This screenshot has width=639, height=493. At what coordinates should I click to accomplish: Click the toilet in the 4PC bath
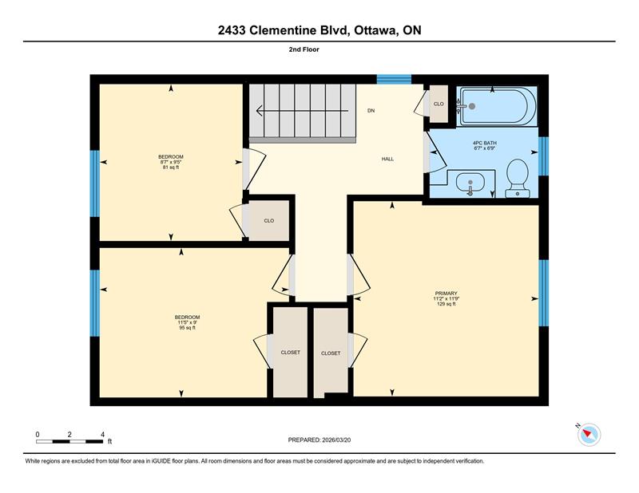coord(517,178)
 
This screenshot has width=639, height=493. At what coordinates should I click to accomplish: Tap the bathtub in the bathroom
coord(496,106)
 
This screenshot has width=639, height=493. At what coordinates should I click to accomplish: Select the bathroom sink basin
coord(470,182)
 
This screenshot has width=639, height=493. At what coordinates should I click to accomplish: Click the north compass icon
coord(589,434)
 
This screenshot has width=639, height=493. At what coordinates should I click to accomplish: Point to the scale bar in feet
coord(69,441)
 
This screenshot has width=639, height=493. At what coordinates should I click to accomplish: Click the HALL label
coord(387,160)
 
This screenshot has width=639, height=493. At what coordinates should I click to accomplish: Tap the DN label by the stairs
coord(371,110)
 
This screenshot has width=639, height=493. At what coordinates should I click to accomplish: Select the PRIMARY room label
coord(447,293)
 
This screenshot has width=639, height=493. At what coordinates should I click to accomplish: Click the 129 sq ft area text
coord(447,304)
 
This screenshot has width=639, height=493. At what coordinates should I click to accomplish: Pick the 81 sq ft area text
coord(171,167)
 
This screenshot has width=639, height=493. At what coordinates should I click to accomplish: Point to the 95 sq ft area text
coord(188,328)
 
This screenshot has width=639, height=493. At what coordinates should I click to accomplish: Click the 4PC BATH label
coord(485,143)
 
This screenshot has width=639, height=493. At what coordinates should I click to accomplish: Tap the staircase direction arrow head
coord(259,110)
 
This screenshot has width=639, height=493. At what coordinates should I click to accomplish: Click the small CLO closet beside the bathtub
coord(439,104)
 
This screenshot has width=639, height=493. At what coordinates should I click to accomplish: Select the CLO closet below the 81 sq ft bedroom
coord(268,221)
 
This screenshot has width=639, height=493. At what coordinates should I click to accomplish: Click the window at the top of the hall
coord(394,79)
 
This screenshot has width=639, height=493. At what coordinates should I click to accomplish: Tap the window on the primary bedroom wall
coord(544,293)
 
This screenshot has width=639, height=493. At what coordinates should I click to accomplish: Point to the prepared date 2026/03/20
coord(336,440)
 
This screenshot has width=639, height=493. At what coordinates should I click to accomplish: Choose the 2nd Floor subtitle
coord(304,49)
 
